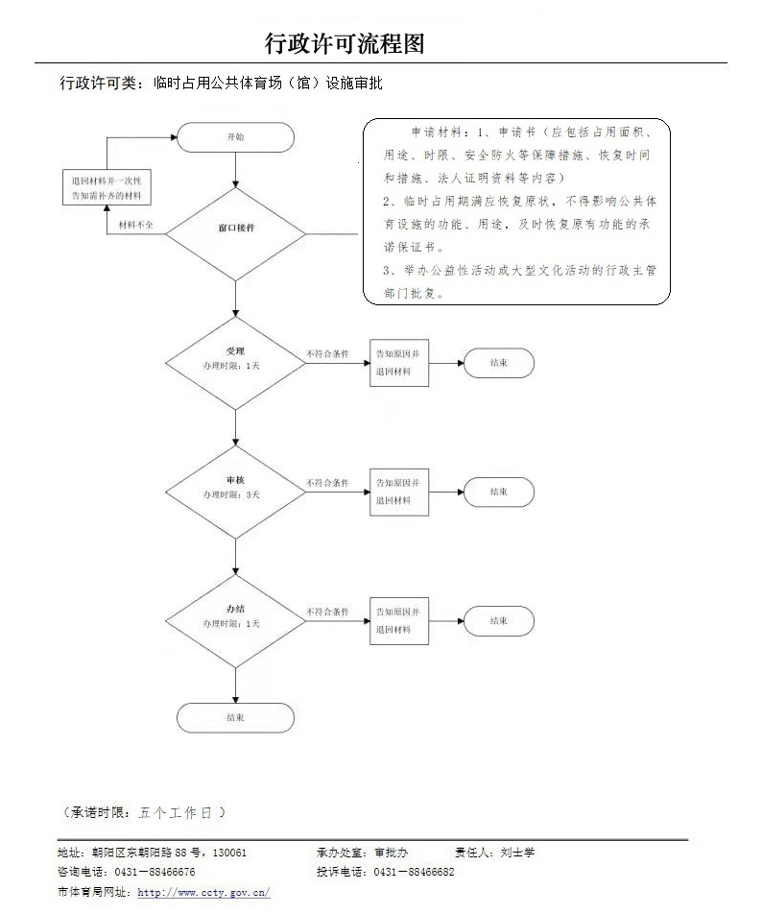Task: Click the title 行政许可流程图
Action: [x=345, y=43]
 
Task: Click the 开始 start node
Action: [x=235, y=137]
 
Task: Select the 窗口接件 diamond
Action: [x=235, y=228]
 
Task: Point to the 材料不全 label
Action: [x=137, y=225]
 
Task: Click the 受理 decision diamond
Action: [x=235, y=362]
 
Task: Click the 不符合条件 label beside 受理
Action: [x=327, y=354]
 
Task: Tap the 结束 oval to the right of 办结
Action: [x=498, y=620]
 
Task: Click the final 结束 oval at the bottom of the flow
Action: [x=235, y=717]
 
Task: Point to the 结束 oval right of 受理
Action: [x=498, y=363]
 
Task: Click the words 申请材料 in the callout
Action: [x=430, y=132]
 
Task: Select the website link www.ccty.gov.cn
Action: [x=204, y=892]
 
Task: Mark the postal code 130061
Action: [x=229, y=852]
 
